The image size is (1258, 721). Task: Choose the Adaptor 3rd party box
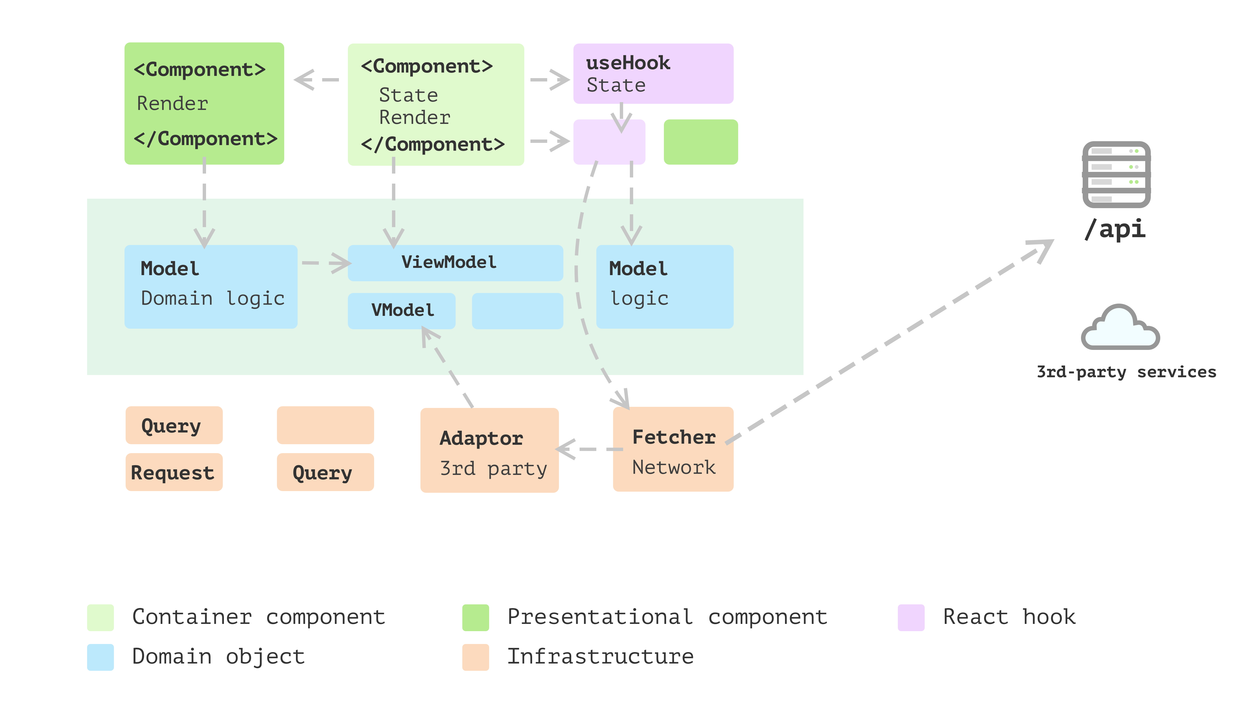point(489,450)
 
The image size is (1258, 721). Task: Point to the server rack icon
point(1116,174)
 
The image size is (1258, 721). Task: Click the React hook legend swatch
point(911,617)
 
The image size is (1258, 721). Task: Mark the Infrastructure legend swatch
point(475,657)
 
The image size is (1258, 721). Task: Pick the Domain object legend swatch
point(100,657)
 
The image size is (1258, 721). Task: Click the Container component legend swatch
point(100,617)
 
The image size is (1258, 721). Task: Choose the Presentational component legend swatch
point(475,617)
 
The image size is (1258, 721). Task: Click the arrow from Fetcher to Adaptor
point(590,449)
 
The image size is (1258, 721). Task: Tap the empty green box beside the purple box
point(700,142)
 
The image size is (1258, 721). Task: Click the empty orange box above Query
point(325,425)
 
